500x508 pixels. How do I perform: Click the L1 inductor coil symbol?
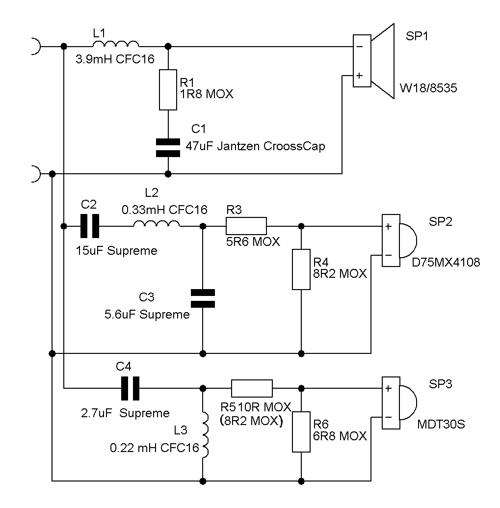[x=116, y=44]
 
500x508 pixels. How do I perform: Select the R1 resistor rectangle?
[x=168, y=90]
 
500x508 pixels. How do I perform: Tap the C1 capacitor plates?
[x=168, y=148]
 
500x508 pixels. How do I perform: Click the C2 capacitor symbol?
[x=90, y=226]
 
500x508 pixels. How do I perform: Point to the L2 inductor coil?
[x=157, y=223]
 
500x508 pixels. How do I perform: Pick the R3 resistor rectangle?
[x=246, y=226]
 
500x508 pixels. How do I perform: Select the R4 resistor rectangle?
[x=301, y=269]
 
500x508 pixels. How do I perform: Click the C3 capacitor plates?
[x=203, y=298]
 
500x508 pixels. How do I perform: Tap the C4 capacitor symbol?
[x=130, y=388]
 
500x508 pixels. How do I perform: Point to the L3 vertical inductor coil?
[x=205, y=435]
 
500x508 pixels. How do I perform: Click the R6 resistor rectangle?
[x=301, y=431]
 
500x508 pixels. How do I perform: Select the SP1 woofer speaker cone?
[x=382, y=61]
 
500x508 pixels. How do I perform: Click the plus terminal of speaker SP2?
[x=388, y=226]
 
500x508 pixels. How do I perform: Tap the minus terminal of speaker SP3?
[x=388, y=417]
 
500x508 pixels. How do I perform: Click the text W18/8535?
[x=428, y=88]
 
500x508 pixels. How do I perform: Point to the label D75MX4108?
[x=446, y=262]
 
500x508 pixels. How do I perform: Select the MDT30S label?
[x=441, y=424]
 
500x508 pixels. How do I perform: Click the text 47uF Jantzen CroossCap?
[x=255, y=146]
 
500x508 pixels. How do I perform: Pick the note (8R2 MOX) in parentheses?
[x=251, y=421]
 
